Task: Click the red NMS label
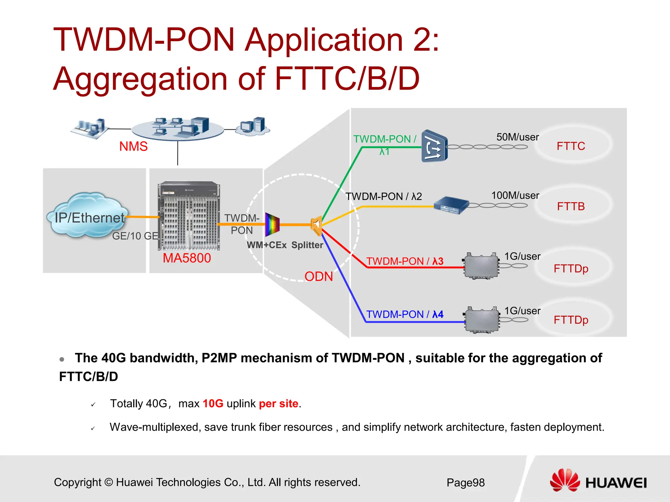pyautogui.click(x=133, y=146)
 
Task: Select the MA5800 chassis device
pyautogui.click(x=189, y=216)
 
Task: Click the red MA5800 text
pyautogui.click(x=187, y=258)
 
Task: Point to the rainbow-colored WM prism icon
pyautogui.click(x=272, y=225)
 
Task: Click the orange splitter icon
pyautogui.click(x=316, y=225)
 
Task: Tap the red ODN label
pyautogui.click(x=318, y=276)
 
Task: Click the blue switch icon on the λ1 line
pyautogui.click(x=434, y=146)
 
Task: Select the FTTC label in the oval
pyautogui.click(x=571, y=146)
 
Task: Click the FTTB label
pyautogui.click(x=571, y=207)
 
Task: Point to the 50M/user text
pyautogui.click(x=517, y=137)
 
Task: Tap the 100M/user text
pyautogui.click(x=515, y=195)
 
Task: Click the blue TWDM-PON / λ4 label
pyautogui.click(x=405, y=314)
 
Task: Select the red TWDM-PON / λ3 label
pyautogui.click(x=405, y=261)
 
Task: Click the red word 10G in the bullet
pyautogui.click(x=213, y=404)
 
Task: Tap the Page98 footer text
pyautogui.click(x=466, y=482)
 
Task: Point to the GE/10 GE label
pyautogui.click(x=135, y=236)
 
